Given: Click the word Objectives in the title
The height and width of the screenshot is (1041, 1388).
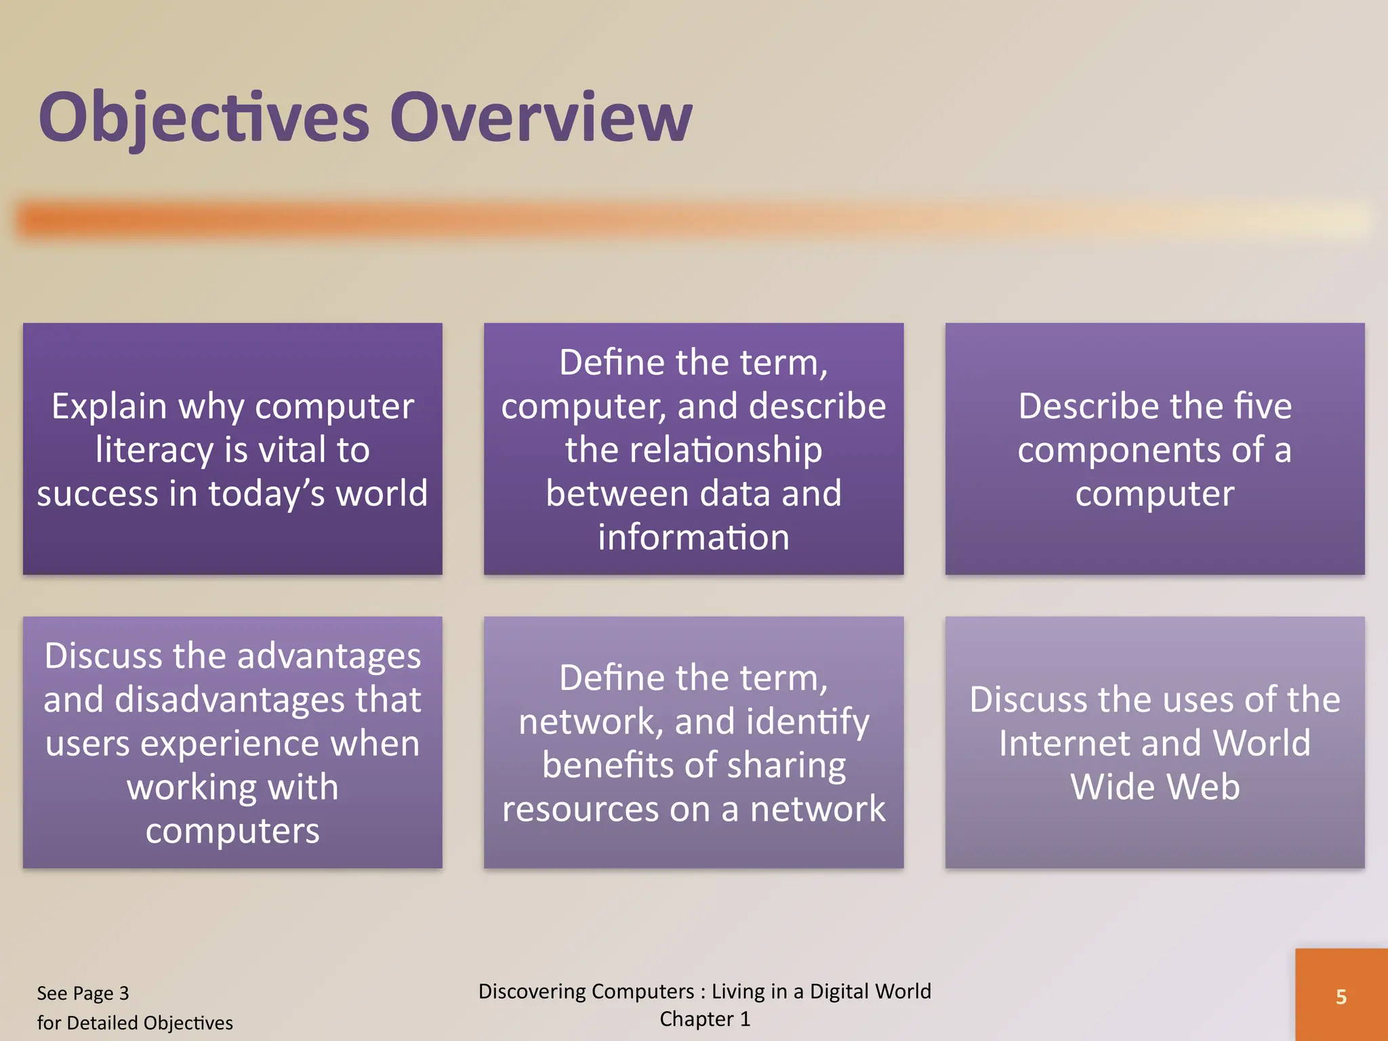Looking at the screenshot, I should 203,119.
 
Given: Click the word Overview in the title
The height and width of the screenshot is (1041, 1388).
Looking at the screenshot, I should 540,119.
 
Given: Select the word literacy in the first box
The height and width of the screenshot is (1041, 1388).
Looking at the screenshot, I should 154,450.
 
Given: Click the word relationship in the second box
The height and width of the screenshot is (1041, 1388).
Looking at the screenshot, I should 693,450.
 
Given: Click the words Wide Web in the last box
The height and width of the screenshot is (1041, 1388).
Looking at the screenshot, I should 1154,787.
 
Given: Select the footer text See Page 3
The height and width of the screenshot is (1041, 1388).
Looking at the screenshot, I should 83,994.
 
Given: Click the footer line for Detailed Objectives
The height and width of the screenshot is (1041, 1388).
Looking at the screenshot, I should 134,1023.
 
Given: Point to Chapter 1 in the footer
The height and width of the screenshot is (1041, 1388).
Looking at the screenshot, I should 704,1019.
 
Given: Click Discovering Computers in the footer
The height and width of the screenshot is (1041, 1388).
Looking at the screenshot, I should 586,992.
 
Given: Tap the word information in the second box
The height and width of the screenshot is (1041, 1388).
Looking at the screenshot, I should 693,537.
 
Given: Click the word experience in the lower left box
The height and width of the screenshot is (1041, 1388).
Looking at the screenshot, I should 230,743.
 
